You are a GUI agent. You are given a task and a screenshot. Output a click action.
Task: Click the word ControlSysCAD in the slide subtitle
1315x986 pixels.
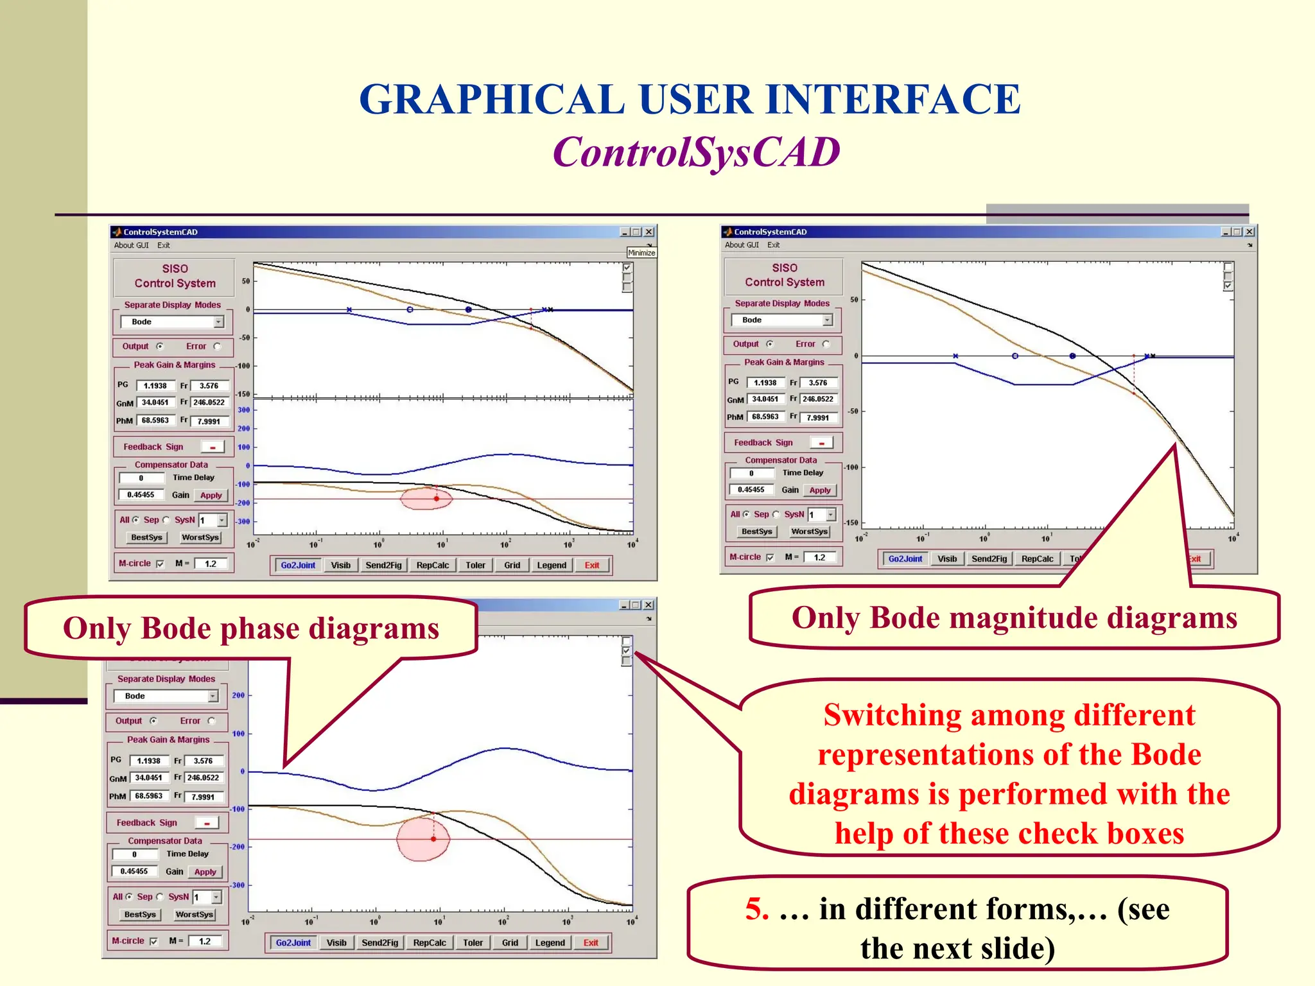tap(696, 153)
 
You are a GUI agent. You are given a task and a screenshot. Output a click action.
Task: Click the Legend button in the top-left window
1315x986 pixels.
tap(552, 566)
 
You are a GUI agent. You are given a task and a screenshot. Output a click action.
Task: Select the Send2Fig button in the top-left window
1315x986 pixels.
tap(383, 566)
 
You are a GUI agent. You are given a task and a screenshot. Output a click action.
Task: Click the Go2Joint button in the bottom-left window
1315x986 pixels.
tap(293, 943)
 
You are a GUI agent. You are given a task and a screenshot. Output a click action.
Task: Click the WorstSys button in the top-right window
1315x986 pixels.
tap(809, 532)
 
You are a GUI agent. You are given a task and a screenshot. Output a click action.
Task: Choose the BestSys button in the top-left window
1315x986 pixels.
tap(146, 538)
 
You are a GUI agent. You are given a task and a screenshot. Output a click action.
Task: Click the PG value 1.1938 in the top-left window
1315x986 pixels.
tap(155, 386)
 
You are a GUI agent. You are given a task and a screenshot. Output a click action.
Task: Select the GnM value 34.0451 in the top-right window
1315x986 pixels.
tap(765, 399)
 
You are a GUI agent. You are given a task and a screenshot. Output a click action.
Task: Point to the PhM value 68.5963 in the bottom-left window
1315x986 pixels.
tap(148, 796)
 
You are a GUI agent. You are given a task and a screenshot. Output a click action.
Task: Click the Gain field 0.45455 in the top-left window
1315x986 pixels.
tap(141, 495)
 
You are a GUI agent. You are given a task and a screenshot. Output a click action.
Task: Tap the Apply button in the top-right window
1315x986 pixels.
tap(820, 490)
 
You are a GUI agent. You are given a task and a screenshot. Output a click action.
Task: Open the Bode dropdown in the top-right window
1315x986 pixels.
tap(828, 320)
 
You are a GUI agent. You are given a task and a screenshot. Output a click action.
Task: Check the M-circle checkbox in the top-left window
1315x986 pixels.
tap(161, 564)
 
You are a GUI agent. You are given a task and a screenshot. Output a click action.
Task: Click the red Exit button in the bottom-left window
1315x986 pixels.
tap(591, 943)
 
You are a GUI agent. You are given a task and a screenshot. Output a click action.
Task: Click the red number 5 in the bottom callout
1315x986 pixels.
tap(756, 910)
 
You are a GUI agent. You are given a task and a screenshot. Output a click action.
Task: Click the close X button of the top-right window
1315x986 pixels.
tap(1249, 232)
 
